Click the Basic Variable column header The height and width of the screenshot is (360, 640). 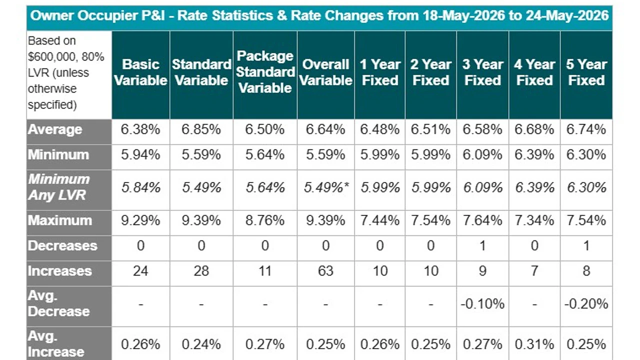click(x=140, y=72)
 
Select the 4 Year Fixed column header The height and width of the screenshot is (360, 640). click(x=534, y=72)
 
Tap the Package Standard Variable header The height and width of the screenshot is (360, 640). click(x=265, y=72)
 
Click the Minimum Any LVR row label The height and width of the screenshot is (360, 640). click(x=59, y=187)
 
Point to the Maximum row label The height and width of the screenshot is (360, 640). click(x=60, y=220)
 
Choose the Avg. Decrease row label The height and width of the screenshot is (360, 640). click(x=59, y=303)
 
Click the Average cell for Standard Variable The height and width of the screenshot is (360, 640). click(x=201, y=129)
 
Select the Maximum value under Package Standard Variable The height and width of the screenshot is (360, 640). click(x=265, y=220)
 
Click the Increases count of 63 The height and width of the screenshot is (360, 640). click(x=325, y=271)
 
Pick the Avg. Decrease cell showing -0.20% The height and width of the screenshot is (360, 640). click(x=586, y=303)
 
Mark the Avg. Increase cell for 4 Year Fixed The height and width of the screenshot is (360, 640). click(x=534, y=344)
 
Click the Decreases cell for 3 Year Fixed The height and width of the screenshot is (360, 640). click(x=482, y=245)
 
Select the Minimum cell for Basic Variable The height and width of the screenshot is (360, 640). click(x=140, y=155)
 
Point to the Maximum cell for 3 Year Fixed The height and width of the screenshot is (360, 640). click(x=482, y=220)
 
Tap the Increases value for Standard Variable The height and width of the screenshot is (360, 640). click(x=201, y=271)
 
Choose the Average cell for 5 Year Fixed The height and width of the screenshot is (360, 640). click(x=586, y=129)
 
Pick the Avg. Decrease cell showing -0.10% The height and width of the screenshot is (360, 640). click(x=482, y=303)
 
